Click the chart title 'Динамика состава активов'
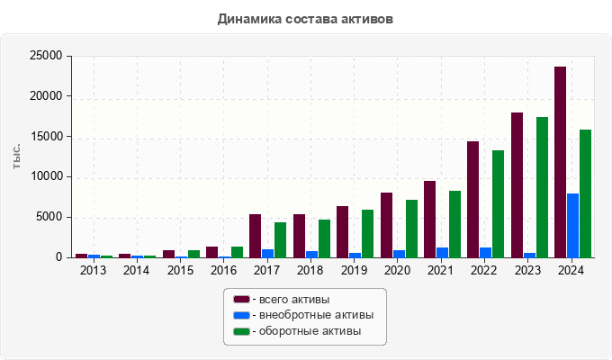point(305,18)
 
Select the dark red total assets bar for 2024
point(560,162)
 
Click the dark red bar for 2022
point(472,199)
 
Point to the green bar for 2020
point(411,228)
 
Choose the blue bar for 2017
point(267,253)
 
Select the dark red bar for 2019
point(342,231)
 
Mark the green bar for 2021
point(454,223)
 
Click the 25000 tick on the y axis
point(45,56)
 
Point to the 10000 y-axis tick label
point(45,176)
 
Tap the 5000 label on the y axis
point(49,217)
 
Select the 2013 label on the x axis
point(93,270)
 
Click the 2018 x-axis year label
point(310,270)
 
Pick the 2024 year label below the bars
point(571,270)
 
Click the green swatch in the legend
point(241,331)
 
